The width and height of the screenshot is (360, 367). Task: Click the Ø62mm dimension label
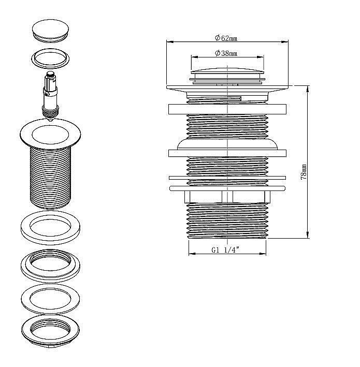[x=226, y=38]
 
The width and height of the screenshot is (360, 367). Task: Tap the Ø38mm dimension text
[x=226, y=53]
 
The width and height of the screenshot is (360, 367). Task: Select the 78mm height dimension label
[x=304, y=172]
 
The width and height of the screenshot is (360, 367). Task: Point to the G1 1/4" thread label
[x=225, y=249]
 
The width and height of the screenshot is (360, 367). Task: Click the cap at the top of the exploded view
[x=50, y=31]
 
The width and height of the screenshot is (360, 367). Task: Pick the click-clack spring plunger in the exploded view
[x=50, y=96]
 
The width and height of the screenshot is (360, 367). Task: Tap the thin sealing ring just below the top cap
[x=51, y=58]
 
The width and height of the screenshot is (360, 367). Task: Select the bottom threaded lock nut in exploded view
[x=50, y=331]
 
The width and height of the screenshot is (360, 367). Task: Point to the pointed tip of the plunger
[x=50, y=120]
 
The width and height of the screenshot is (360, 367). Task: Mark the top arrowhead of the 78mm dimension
[x=308, y=89]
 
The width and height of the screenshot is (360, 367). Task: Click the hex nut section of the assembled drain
[x=227, y=197]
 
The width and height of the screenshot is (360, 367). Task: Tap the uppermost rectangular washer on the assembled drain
[x=227, y=109]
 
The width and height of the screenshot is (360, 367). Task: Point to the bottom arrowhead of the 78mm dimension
[x=308, y=235]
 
